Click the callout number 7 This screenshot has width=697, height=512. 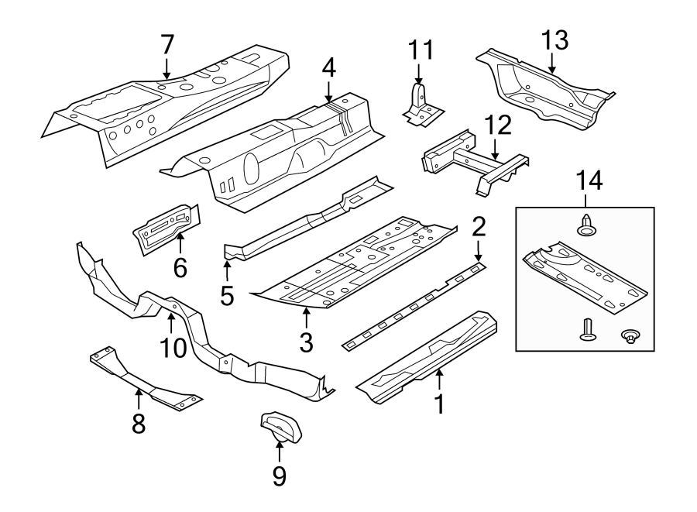click(167, 45)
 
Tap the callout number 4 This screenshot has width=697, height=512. click(329, 68)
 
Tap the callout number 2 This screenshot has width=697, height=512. click(479, 226)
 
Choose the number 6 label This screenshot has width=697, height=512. click(180, 269)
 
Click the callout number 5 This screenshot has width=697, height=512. click(227, 295)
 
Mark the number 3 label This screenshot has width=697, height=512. click(307, 342)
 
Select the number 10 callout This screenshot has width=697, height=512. click(173, 348)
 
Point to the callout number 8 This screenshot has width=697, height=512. click(139, 424)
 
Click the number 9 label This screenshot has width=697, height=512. click(279, 475)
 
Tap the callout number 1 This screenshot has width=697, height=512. click(440, 404)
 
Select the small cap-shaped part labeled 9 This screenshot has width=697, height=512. click(280, 426)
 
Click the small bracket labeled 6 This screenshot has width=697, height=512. click(166, 229)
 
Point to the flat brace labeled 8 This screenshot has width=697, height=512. click(143, 380)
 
